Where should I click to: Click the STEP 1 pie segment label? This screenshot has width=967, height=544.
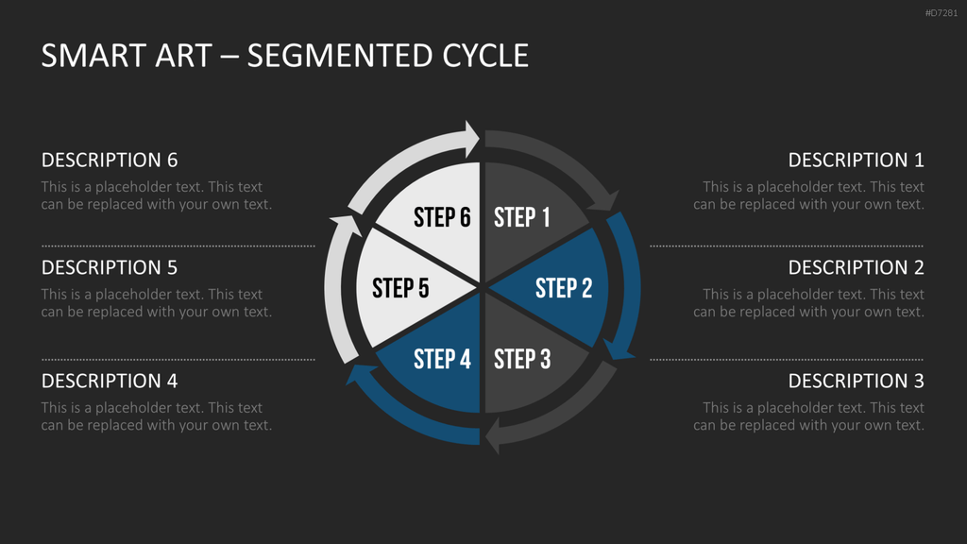(521, 217)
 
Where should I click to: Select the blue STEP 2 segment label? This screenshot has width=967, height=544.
(564, 288)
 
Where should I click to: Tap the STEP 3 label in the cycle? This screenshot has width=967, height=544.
(522, 359)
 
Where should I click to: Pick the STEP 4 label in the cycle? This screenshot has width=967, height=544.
(442, 359)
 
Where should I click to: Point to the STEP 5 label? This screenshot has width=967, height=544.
(400, 288)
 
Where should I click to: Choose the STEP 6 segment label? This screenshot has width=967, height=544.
(442, 217)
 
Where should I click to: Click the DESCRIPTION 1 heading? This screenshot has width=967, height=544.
(856, 161)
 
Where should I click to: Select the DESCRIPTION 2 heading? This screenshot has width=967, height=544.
(856, 267)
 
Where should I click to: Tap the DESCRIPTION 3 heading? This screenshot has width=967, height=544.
(856, 382)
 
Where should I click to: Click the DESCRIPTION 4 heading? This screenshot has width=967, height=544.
(110, 382)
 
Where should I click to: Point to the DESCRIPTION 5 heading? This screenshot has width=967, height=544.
(110, 267)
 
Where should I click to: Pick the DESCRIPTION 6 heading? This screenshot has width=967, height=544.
(110, 161)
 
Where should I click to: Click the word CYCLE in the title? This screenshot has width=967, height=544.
(485, 56)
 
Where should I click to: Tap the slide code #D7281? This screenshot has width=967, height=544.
(942, 13)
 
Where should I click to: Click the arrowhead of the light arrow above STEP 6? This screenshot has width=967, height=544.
(472, 138)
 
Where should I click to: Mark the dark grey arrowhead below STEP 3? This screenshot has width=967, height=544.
(493, 435)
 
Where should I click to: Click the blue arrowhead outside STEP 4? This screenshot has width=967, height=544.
(361, 374)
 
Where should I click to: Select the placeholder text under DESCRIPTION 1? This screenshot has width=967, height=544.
(808, 195)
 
